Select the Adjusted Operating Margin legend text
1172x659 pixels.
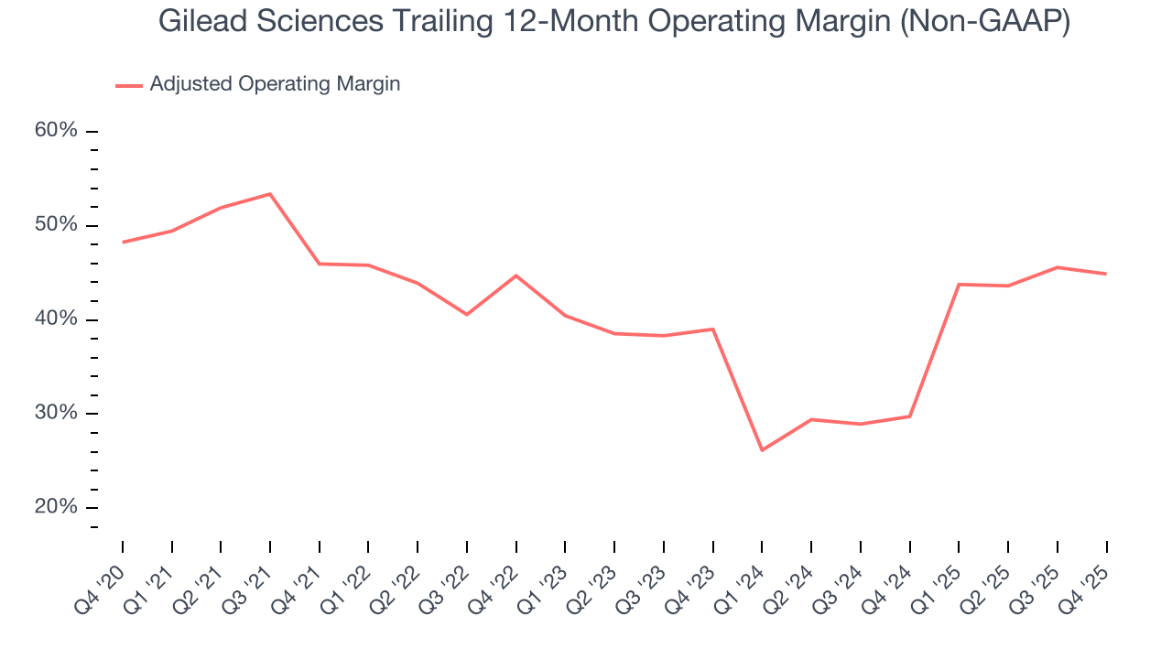coord(275,84)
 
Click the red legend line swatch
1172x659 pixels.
coord(129,85)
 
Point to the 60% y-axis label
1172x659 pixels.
coord(56,131)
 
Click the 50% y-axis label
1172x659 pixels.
coord(56,225)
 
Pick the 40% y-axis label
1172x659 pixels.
coord(56,319)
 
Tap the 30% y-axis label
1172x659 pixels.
coord(56,413)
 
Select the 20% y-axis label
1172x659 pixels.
coord(56,507)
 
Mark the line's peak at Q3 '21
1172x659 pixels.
coord(270,194)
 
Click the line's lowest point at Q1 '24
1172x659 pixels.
coord(762,450)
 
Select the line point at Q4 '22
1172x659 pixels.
coord(516,275)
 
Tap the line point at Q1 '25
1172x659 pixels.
coord(959,285)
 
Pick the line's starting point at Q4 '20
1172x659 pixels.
coord(123,243)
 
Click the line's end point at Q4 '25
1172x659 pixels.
coord(1106,274)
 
